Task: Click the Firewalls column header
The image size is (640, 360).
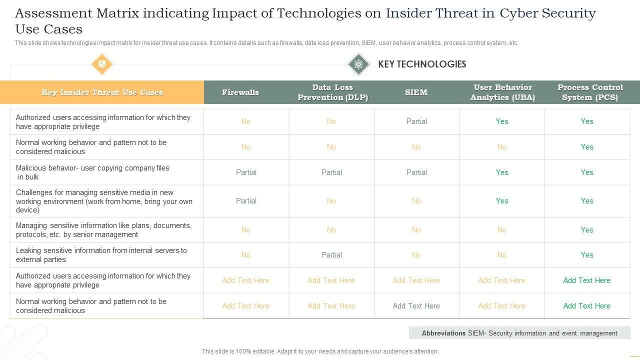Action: click(x=240, y=92)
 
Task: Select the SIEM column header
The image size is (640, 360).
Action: click(x=416, y=92)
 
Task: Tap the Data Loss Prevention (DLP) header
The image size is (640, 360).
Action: click(x=332, y=92)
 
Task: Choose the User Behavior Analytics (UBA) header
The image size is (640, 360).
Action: click(x=502, y=92)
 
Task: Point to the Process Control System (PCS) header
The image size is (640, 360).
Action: click(x=590, y=92)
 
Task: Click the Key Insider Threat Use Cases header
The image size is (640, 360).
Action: click(x=102, y=92)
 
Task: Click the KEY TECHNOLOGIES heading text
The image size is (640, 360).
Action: click(x=422, y=64)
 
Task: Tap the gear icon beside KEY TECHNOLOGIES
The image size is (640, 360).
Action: click(x=358, y=64)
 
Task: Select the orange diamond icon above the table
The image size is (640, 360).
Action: click(x=102, y=64)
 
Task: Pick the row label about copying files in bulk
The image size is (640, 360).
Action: click(x=92, y=172)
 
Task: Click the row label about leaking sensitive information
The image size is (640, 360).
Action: click(x=101, y=255)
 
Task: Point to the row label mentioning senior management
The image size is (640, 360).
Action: click(x=103, y=230)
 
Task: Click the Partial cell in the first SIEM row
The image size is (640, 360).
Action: click(x=416, y=121)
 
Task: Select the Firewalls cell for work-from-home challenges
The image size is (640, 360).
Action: click(x=246, y=201)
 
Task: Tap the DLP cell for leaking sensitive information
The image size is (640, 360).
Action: click(x=331, y=255)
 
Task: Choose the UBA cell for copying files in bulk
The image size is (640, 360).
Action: click(x=502, y=172)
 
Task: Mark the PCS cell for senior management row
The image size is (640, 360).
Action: click(x=587, y=230)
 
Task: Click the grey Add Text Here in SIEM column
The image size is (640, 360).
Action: click(x=416, y=306)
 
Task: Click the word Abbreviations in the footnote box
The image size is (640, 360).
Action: click(x=443, y=333)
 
